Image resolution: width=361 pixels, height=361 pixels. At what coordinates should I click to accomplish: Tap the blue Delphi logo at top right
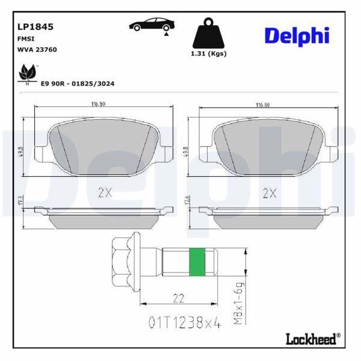point(297,35)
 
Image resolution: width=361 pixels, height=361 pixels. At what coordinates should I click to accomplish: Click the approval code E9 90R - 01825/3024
point(78,84)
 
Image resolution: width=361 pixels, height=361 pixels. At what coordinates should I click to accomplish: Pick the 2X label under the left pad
point(105,193)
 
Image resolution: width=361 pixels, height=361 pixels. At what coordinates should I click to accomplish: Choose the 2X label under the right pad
point(269,193)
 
